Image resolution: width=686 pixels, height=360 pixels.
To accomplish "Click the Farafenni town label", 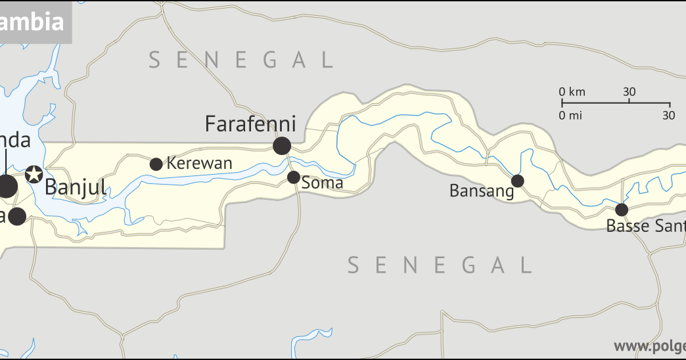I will coord(250,124).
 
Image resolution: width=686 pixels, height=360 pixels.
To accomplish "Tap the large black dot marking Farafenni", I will coord(282,146).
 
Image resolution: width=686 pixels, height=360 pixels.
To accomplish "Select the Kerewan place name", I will coord(199,164).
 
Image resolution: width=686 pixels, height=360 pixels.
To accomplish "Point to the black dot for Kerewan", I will coord(156,164).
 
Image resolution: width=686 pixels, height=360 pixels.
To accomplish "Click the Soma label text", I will coord(323,183).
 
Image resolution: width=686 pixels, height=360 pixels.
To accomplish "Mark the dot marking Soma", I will coord(294,177).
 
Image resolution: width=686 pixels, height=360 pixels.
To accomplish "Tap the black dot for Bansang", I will coord(518,181).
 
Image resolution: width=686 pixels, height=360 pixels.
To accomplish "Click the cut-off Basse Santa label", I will coord(645,227).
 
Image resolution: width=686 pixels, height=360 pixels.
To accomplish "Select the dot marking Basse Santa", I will coord(622,210).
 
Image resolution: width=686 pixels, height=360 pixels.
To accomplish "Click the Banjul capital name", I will coord(75,187).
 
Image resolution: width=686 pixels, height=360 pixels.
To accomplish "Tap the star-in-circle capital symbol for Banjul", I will coord(34,175).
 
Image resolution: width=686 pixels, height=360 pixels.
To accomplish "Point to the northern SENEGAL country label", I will coord(240,60).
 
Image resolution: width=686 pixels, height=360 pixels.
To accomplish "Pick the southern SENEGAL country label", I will coord(439,265).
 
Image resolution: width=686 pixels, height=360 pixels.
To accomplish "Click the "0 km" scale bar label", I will coord(572,92).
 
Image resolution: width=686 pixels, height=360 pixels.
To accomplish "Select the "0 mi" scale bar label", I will coord(571,116).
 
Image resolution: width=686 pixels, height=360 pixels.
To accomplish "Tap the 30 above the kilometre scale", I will coord(629,92).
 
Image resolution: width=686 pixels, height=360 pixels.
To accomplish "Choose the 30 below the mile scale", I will coord(669,116).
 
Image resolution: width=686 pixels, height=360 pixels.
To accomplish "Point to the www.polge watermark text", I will coord(649,346).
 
